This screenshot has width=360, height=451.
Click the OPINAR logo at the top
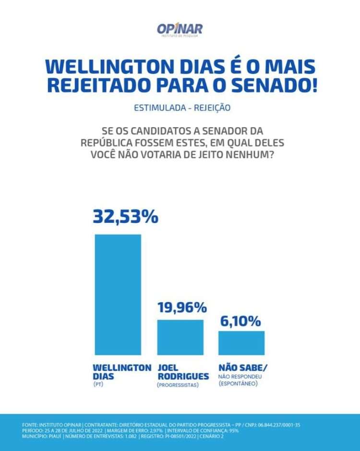[180, 30]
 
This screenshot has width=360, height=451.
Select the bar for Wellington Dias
[118, 294]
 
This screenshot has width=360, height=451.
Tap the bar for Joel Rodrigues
[180, 337]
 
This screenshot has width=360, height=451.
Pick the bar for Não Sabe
[241, 342]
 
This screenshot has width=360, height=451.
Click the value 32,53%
[125, 217]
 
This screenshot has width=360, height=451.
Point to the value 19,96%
[182, 307]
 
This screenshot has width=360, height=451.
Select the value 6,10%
[241, 320]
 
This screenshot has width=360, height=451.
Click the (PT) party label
[97, 385]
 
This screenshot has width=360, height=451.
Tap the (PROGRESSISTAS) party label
[178, 385]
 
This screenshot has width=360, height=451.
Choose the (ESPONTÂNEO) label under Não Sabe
[238, 384]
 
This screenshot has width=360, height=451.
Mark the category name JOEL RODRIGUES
[183, 372]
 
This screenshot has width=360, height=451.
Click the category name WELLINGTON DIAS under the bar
[122, 372]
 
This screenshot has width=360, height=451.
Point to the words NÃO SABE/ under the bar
[243, 367]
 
